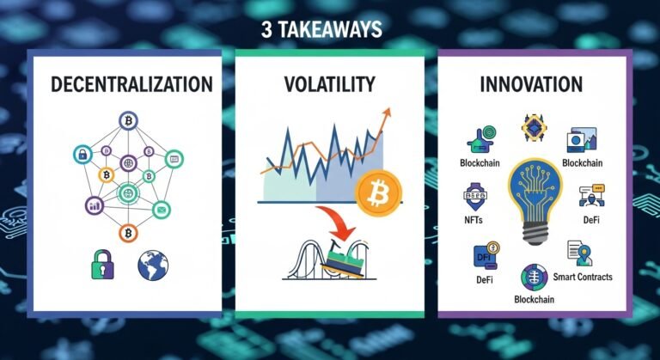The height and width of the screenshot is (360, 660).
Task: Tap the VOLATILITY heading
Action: pyautogui.click(x=329, y=84)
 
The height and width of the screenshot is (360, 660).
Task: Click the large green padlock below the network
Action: pyautogui.click(x=102, y=265)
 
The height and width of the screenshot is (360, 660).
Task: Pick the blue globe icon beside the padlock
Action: pyautogui.click(x=153, y=265)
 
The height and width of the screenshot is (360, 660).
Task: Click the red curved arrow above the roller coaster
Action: pyautogui.click(x=330, y=220)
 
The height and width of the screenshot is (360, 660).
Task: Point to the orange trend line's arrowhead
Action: pyautogui.click(x=386, y=113)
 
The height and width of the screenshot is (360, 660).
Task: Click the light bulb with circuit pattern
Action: pyautogui.click(x=535, y=194)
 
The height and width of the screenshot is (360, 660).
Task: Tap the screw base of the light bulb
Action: pyautogui.click(x=535, y=243)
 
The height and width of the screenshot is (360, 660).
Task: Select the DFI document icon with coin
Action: pyautogui.click(x=485, y=255)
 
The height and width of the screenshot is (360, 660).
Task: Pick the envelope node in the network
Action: pyautogui.click(x=161, y=209)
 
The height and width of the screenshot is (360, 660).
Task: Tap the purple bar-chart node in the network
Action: pyautogui.click(x=95, y=204)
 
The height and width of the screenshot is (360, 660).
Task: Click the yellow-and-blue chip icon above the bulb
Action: pyautogui.click(x=535, y=128)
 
